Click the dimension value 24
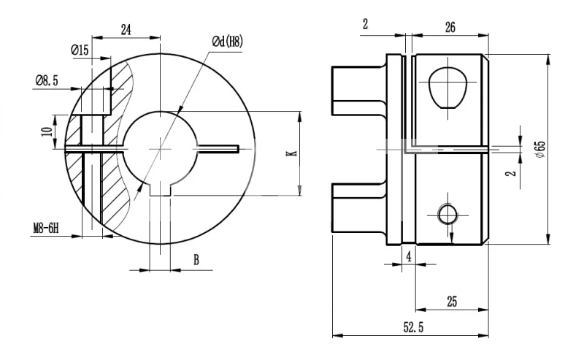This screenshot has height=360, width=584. [126, 30]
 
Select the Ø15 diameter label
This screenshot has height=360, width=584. [80, 50]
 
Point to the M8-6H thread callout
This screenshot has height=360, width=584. [46, 227]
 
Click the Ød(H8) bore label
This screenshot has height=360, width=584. [227, 43]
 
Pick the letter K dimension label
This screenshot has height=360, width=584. [290, 153]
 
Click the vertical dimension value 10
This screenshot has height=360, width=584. [47, 131]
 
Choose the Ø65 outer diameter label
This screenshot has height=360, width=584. [539, 149]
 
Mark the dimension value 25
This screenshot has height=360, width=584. [452, 301]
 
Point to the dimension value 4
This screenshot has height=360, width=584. [409, 257]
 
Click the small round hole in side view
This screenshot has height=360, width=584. [447, 213]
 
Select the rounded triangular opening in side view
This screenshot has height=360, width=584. [447, 87]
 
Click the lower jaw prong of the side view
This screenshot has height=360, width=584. [358, 207]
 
